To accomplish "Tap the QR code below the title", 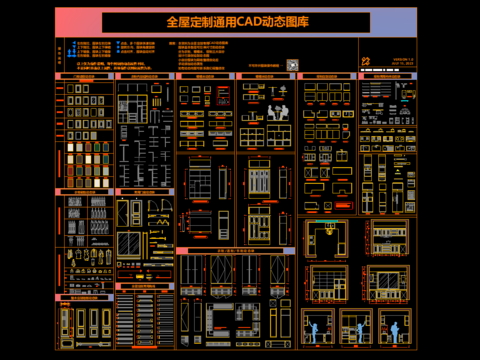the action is coord(293,64).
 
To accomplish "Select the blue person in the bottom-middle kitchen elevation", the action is coord(357,326).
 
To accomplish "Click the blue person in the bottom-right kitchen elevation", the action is coord(397,326).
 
